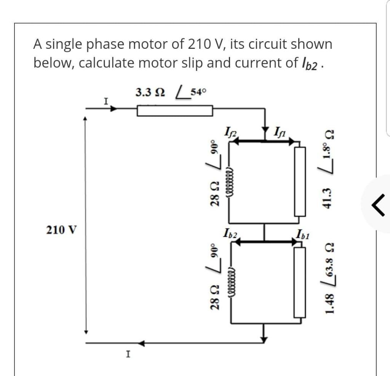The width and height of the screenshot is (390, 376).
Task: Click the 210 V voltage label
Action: pos(61,230)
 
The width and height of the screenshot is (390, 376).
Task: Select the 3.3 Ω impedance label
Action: pos(150,93)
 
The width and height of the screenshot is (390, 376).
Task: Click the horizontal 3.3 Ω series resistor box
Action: pos(174,111)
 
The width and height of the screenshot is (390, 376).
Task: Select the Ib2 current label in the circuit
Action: pos(231,233)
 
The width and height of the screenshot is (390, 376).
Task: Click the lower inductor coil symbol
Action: pos(230,280)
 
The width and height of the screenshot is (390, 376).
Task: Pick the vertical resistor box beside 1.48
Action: pos(300,282)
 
